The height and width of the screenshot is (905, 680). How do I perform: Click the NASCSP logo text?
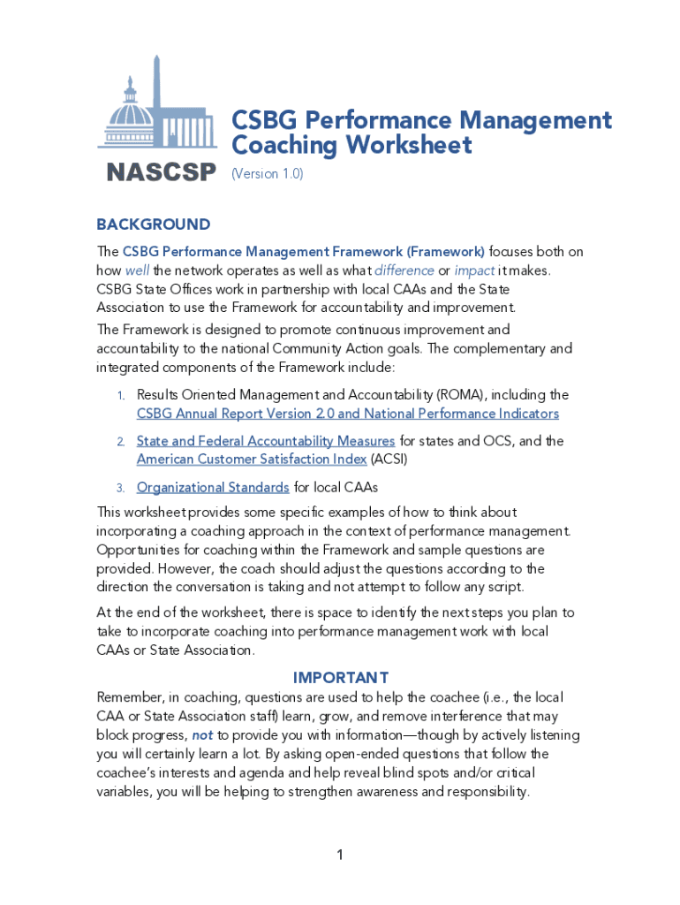coord(161,172)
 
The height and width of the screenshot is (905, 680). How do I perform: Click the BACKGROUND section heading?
coord(153,224)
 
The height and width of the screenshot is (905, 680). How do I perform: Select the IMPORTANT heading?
coord(340,678)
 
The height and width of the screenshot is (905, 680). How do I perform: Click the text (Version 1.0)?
coord(267,174)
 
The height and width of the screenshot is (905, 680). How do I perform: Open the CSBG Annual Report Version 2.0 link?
coord(347,414)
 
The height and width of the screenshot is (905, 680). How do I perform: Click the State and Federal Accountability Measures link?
coord(265,441)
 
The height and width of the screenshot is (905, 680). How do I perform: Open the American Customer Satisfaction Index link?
coord(251,460)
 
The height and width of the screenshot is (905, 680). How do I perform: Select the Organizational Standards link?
coord(212,488)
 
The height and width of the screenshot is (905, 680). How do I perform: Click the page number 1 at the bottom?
coord(339,855)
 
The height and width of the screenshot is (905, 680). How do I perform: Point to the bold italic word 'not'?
coord(202,735)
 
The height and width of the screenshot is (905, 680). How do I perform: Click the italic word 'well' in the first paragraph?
coord(137,270)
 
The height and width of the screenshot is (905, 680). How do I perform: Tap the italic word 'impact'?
coord(474,270)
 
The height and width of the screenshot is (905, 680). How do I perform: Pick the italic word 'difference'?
coord(404,270)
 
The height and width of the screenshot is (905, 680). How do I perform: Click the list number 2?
coord(120,442)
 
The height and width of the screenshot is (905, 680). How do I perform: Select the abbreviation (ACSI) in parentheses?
coord(389,460)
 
